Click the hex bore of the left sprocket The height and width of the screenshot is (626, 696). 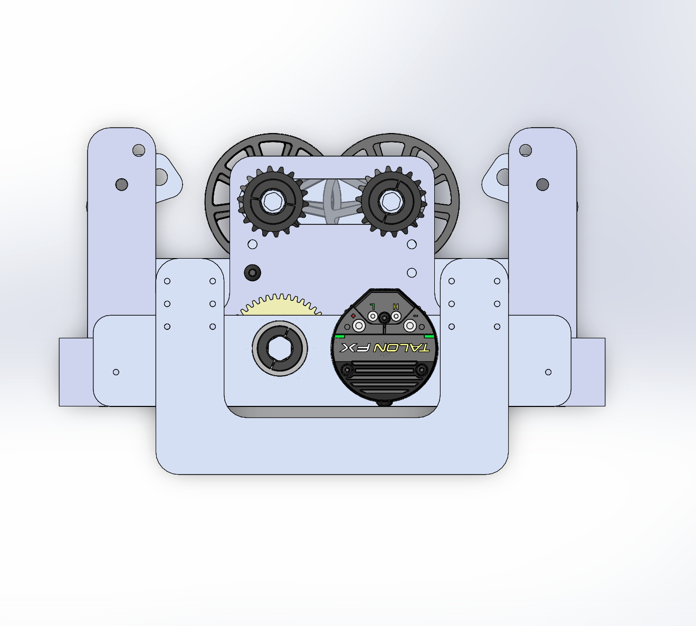pos(273,201)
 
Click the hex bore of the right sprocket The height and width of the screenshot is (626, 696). pos(390,201)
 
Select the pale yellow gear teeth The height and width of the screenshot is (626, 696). pos(280,305)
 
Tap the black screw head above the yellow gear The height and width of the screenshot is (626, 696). pos(253,273)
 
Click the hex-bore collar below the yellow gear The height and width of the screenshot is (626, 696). pos(280,348)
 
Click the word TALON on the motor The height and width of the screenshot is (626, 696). pos(402,348)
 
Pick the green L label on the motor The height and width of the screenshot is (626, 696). pos(373,306)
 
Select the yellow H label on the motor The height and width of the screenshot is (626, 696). pos(396,306)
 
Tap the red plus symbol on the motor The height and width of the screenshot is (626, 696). pos(353,316)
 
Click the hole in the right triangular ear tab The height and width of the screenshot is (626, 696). pos(499,176)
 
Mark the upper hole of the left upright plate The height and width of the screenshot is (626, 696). pos(138,150)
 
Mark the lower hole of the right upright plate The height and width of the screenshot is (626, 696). pos(542,185)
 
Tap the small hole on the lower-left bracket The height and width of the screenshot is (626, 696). pos(116,372)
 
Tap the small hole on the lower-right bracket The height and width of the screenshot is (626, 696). pos(548,372)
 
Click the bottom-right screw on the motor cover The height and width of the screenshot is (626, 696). pos(421,370)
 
